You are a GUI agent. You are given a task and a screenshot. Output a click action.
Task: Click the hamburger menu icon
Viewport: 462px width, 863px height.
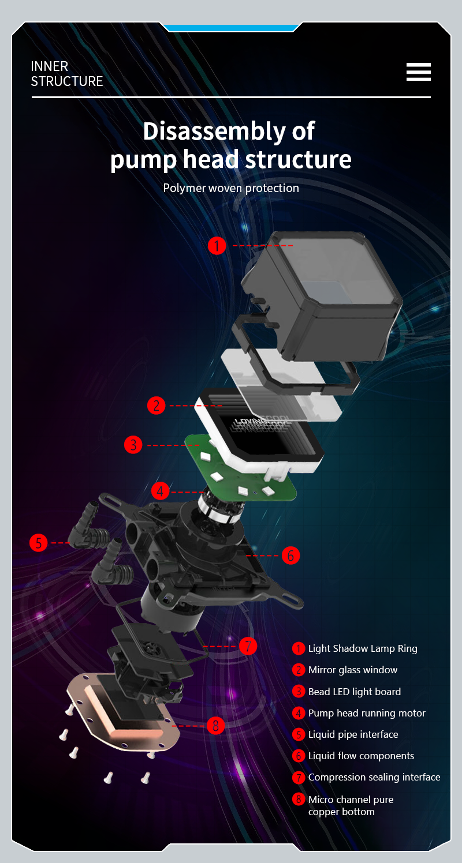coord(419,72)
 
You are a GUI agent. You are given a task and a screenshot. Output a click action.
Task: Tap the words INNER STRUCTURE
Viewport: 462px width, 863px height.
coord(67,74)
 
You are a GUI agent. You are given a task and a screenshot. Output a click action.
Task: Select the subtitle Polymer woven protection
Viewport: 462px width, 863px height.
coord(231,188)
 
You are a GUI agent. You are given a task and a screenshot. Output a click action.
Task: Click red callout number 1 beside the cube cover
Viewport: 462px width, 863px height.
coord(217,245)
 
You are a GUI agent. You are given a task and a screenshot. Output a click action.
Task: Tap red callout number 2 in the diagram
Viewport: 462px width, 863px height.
coord(156,406)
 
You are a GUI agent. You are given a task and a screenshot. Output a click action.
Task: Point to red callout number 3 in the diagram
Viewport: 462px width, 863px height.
coord(133,445)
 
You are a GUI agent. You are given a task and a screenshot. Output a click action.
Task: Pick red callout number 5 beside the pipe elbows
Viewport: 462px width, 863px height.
coord(39,543)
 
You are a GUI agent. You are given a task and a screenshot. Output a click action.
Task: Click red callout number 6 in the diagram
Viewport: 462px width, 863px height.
coord(290,556)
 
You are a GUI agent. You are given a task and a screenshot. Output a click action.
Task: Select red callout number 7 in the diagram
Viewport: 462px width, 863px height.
coord(248,646)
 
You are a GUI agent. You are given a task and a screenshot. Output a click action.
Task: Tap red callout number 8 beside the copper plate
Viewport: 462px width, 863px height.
coord(215,726)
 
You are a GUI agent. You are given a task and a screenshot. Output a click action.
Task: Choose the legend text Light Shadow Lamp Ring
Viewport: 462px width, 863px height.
coord(363,648)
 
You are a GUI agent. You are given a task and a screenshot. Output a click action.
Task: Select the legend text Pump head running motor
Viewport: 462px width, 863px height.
coord(367,713)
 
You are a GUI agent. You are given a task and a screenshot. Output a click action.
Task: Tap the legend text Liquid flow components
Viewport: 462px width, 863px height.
coord(361,756)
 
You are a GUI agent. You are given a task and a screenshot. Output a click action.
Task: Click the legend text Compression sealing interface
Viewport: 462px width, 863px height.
coord(374,777)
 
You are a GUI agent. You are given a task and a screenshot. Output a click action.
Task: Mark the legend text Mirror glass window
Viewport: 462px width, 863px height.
coord(352,670)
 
